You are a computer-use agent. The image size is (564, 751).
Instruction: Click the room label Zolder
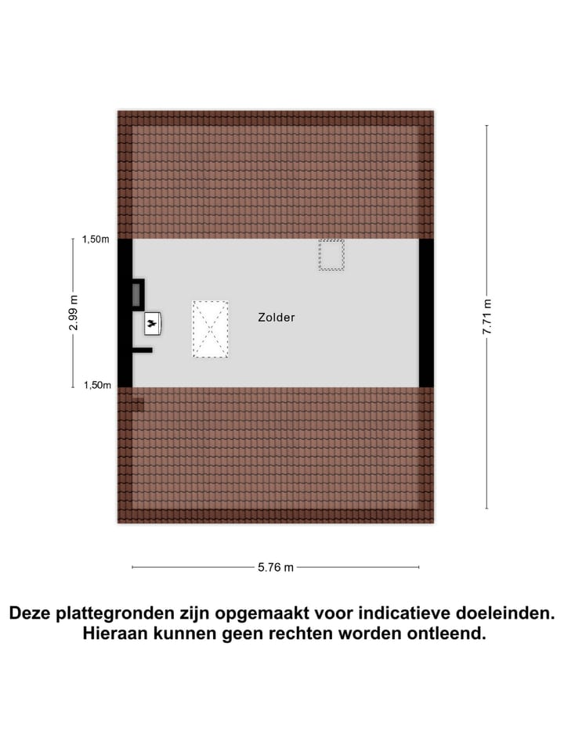click(x=276, y=318)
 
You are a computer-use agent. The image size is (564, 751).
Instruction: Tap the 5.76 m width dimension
click(x=276, y=568)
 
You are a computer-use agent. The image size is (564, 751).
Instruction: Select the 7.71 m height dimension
click(x=486, y=318)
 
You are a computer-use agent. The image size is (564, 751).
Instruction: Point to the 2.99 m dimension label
click(x=74, y=313)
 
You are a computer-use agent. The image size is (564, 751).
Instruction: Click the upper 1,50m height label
click(x=96, y=239)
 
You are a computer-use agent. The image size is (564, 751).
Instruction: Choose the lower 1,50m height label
click(x=96, y=385)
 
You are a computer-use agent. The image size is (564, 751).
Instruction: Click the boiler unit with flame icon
click(x=152, y=322)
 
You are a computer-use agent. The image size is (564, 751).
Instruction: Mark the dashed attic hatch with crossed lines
click(x=210, y=329)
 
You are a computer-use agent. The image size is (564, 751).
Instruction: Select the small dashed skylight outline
click(x=331, y=255)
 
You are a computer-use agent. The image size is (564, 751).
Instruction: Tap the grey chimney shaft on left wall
click(x=136, y=294)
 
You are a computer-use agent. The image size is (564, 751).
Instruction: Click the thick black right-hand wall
click(x=426, y=313)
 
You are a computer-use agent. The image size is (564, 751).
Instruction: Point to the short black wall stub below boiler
click(x=142, y=350)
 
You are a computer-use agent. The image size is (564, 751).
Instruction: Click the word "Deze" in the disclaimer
click(x=34, y=613)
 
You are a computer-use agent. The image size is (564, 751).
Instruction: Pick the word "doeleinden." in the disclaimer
click(x=509, y=613)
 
